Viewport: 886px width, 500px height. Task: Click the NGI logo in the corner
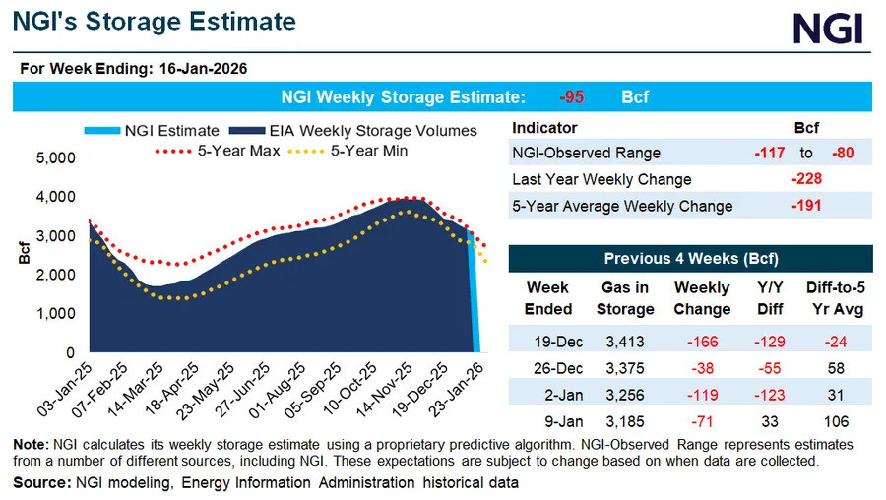pyautogui.click(x=828, y=29)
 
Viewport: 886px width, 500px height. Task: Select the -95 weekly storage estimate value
pyautogui.click(x=571, y=97)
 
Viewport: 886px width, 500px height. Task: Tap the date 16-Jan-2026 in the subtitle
pyautogui.click(x=204, y=69)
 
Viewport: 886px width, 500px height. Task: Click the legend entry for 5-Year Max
pyautogui.click(x=218, y=151)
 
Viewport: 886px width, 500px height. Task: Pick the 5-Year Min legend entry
pyautogui.click(x=348, y=151)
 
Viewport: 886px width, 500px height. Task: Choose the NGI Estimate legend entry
pyautogui.click(x=152, y=131)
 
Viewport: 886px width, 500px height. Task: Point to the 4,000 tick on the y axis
pyautogui.click(x=55, y=197)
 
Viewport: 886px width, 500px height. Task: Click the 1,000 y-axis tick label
pyautogui.click(x=55, y=314)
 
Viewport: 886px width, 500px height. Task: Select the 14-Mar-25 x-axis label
pyautogui.click(x=137, y=389)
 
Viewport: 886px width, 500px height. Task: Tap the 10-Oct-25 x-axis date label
pyautogui.click(x=350, y=389)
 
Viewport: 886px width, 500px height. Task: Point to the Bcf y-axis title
pyautogui.click(x=24, y=253)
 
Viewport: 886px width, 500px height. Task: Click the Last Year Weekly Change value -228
pyautogui.click(x=806, y=179)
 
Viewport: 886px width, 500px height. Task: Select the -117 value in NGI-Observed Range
pyautogui.click(x=770, y=153)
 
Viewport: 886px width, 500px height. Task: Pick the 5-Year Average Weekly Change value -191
pyautogui.click(x=806, y=206)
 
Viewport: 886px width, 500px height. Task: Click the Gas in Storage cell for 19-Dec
pyautogui.click(x=625, y=342)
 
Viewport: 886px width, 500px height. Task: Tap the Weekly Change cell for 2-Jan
pyautogui.click(x=702, y=395)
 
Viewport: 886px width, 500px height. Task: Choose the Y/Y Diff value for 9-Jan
pyautogui.click(x=770, y=422)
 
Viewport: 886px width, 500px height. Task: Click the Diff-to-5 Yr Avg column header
pyautogui.click(x=836, y=298)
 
